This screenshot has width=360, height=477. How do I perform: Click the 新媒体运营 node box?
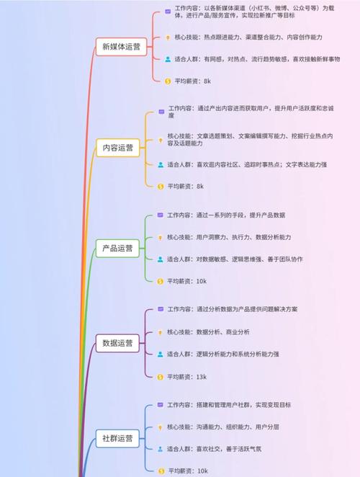121,47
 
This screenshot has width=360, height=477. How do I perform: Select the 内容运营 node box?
118,148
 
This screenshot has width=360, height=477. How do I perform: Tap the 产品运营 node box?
117,249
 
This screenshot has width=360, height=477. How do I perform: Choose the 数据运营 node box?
117,343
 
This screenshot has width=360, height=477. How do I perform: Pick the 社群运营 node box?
117,438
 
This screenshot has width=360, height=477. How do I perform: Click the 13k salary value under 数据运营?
202,377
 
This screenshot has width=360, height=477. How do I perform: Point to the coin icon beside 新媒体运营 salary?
168,81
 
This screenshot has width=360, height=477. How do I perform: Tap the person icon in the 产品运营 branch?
161,259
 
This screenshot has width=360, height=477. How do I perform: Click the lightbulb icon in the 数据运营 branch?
161,332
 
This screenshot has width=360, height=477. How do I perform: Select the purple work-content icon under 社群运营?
161,405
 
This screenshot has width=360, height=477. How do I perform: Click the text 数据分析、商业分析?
223,332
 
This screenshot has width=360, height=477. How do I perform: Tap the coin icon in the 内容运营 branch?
161,187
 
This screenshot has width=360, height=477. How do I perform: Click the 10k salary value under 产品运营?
202,282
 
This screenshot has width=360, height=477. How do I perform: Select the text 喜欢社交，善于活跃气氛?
229,449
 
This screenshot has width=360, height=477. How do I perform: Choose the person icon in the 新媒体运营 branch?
168,59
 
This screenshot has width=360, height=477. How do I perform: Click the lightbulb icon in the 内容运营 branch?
161,141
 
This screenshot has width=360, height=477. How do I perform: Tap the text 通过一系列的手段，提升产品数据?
240,215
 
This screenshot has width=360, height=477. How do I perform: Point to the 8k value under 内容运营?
200,187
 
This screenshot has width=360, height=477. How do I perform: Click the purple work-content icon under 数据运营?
161,309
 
